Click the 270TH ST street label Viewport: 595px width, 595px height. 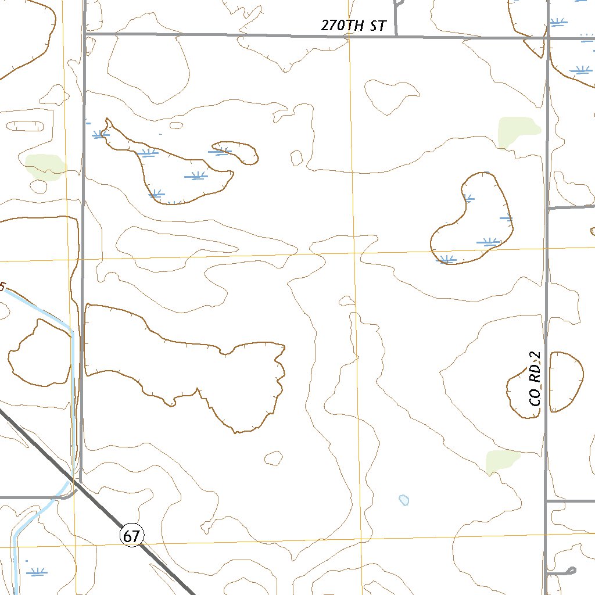tap(353, 26)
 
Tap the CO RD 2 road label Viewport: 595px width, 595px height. tap(535, 379)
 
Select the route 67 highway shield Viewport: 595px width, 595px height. tap(132, 535)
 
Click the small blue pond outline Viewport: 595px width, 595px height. tap(404, 500)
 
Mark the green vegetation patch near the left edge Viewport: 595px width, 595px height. tap(44, 166)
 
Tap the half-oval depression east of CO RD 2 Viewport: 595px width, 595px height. tap(565, 381)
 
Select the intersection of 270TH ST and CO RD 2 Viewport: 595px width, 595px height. tap(547, 38)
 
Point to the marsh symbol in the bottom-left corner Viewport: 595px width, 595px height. tap(37, 572)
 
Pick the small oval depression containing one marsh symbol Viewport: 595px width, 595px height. tap(235, 152)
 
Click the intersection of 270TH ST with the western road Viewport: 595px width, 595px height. tap(84, 35)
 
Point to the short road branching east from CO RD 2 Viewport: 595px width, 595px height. tap(571, 207)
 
